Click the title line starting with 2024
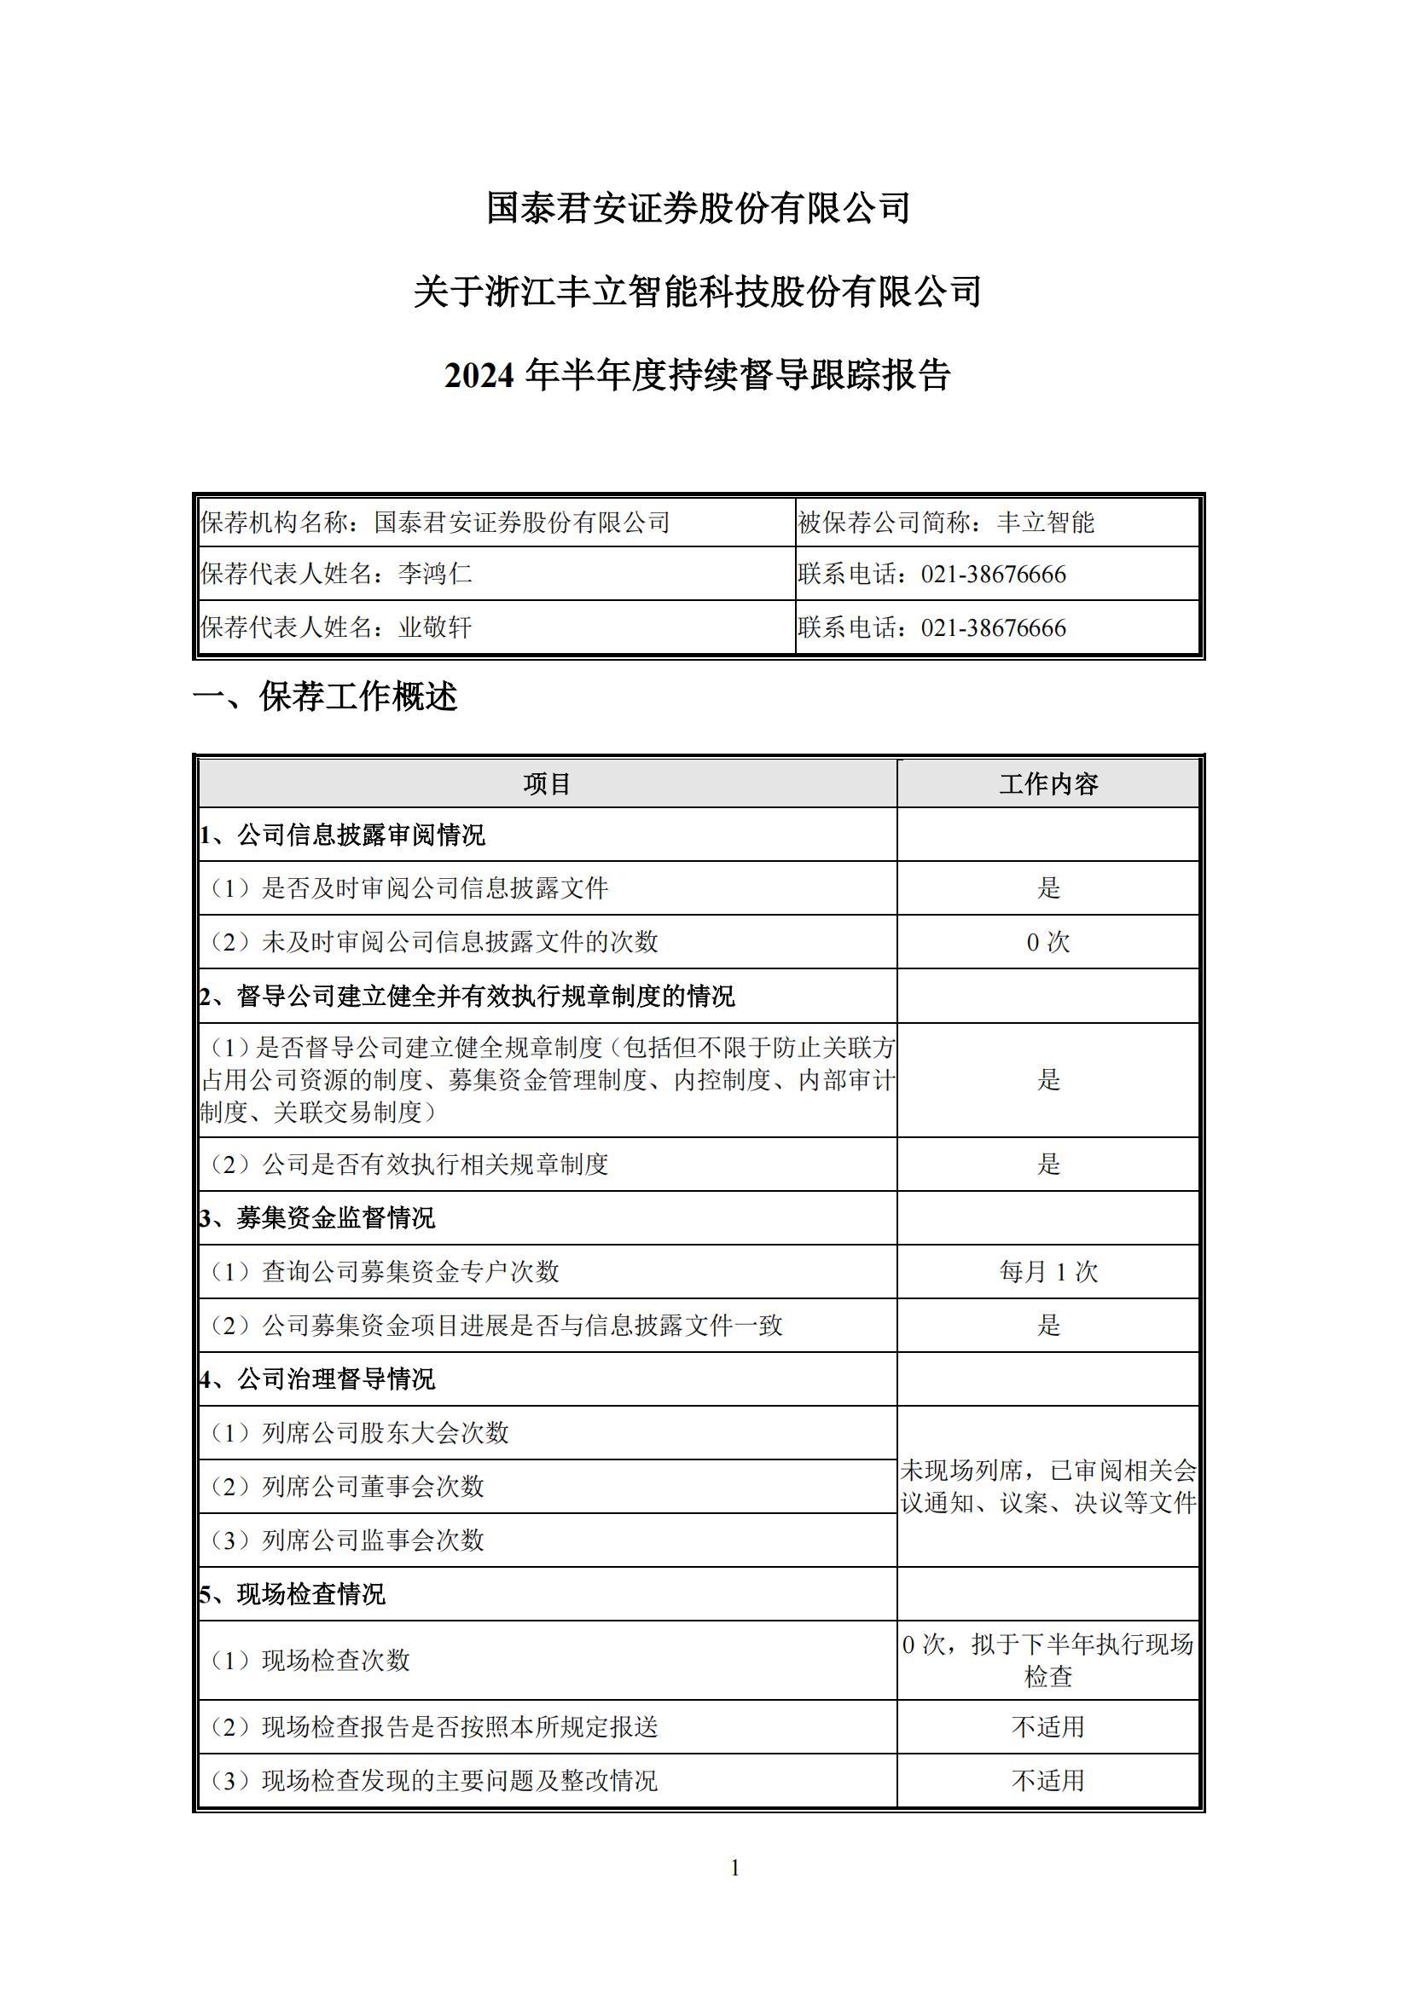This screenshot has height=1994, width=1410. (x=698, y=376)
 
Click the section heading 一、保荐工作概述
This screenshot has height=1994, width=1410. (x=324, y=696)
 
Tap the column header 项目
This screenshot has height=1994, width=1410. (x=547, y=784)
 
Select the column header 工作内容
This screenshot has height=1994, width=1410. (x=1047, y=784)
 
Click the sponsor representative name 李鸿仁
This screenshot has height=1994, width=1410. (x=434, y=573)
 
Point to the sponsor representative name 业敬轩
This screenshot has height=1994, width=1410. (x=434, y=627)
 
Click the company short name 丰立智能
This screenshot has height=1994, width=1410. (x=1046, y=522)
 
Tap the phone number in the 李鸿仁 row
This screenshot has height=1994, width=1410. (x=993, y=574)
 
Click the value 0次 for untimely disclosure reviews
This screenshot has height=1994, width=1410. (x=1047, y=942)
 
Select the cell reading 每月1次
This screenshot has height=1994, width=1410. (x=1047, y=1272)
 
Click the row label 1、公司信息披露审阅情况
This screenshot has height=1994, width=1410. (x=342, y=835)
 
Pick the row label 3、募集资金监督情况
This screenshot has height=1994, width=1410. (x=317, y=1217)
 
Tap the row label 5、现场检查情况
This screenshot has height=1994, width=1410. (x=293, y=1593)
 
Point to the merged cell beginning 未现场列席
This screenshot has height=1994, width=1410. (x=1047, y=1486)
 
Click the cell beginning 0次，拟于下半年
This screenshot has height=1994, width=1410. (x=1047, y=1660)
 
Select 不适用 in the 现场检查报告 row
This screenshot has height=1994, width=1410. (x=1047, y=1726)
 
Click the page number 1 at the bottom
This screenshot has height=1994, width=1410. (x=735, y=1867)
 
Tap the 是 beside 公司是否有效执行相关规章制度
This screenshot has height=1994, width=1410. (x=1047, y=1164)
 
